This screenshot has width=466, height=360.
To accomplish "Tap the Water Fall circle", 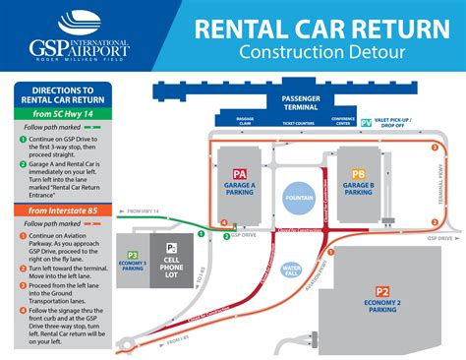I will (x=291, y=269).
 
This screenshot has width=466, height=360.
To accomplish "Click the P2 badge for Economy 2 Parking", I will (x=382, y=292).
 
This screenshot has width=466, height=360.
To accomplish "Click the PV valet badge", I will (x=366, y=124).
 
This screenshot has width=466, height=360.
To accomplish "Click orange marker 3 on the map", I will (x=435, y=148).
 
